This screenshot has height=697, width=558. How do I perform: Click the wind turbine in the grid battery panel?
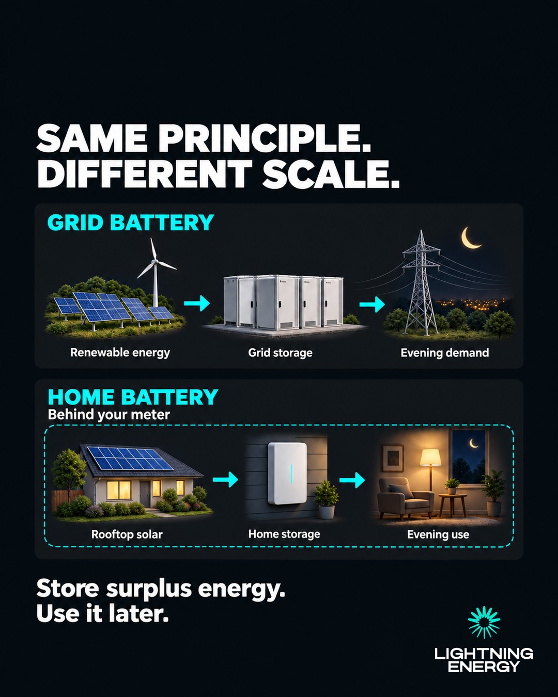[x=156, y=275]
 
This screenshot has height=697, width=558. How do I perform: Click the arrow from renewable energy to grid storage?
[x=197, y=304]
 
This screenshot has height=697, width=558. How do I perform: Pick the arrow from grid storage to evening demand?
[x=372, y=304]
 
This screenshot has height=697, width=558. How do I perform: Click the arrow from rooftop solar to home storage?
[x=225, y=479]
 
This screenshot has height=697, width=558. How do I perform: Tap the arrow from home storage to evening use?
[x=352, y=480]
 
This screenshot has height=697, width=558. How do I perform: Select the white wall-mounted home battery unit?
[x=287, y=473]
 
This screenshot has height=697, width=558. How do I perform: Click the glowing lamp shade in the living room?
[x=430, y=457]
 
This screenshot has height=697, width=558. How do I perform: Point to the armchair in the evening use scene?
[x=405, y=499]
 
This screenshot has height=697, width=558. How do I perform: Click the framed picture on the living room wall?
[x=393, y=458]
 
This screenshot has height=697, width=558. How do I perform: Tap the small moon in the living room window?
[x=474, y=443]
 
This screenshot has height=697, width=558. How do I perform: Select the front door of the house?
[x=145, y=494]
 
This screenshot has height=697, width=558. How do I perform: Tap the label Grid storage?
[x=280, y=353]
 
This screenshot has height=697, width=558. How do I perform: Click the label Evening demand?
[x=444, y=353]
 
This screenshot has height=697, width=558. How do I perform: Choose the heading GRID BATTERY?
[x=131, y=223]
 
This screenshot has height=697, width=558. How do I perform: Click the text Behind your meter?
[x=109, y=415]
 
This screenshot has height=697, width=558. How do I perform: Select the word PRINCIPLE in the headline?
[x=265, y=138]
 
